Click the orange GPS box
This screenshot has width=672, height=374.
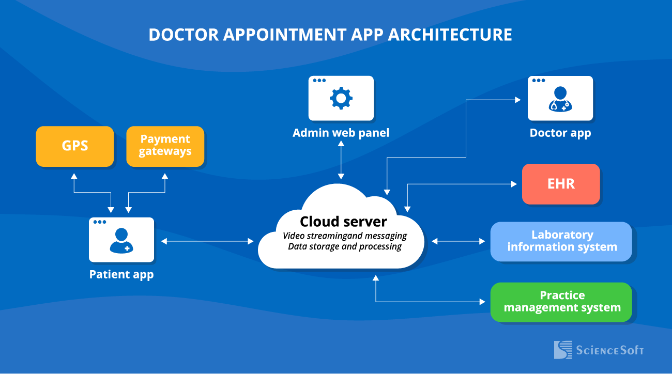tap(74, 146)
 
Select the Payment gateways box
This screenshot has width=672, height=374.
tap(165, 146)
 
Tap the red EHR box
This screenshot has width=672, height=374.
tap(561, 184)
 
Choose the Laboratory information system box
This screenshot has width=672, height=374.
tap(561, 241)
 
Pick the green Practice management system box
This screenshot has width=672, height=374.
tap(561, 302)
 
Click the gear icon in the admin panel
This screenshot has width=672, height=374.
tap(341, 98)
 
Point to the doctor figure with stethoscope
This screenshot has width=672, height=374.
tap(560, 99)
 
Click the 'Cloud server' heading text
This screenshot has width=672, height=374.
tap(343, 222)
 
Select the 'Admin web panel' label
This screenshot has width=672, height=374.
tap(341, 133)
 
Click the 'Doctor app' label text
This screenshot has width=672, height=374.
tap(560, 133)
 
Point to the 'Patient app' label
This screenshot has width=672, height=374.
tap(121, 274)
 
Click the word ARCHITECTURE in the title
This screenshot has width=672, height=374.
tap(450, 35)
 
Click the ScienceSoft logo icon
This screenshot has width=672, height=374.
tap(563, 350)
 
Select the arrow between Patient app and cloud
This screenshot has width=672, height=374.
tap(207, 241)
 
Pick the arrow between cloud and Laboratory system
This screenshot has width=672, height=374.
tap(458, 241)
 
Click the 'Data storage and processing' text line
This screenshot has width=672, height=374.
tap(345, 247)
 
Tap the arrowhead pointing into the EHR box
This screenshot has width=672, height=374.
tap(514, 184)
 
